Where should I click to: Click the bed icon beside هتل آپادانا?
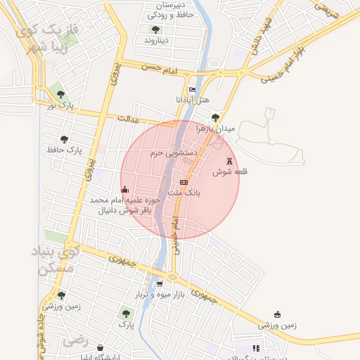[x=193, y=89]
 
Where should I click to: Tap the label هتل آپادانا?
[x=193, y=100]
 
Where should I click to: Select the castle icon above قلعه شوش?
[x=229, y=161]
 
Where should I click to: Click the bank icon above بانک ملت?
[x=184, y=181]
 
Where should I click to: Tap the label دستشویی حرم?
[x=167, y=153]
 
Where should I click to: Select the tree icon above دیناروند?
[x=155, y=30]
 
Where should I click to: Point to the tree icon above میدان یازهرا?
[x=215, y=117]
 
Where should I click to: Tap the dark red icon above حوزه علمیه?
[x=125, y=188]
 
